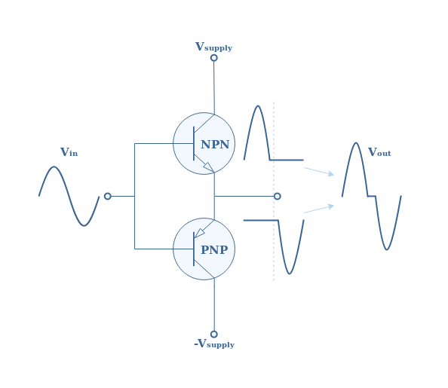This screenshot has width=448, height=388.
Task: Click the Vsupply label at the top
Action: (213, 47)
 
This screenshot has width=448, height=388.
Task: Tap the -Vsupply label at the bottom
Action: (214, 344)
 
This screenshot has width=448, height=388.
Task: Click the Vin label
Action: (69, 152)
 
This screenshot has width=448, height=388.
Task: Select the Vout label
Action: (379, 152)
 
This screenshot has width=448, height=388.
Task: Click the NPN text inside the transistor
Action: (215, 145)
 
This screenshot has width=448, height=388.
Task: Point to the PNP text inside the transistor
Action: (214, 250)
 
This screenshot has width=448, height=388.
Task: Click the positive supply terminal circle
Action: (214, 58)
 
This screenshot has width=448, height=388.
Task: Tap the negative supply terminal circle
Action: (214, 334)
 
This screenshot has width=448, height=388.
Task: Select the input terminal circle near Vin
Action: (108, 196)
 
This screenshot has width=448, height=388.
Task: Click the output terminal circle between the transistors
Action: (277, 196)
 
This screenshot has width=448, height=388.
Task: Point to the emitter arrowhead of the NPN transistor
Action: (208, 167)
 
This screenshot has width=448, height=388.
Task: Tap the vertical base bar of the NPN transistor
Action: (194, 143)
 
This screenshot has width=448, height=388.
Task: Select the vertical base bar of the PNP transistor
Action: (194, 249)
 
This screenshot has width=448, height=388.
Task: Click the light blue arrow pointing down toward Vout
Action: (319, 171)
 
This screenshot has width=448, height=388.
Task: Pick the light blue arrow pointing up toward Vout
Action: (319, 209)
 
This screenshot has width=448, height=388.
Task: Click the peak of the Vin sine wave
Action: (54, 167)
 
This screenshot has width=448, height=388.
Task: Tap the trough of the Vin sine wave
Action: (84, 225)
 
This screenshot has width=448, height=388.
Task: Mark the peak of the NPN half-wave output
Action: (258, 106)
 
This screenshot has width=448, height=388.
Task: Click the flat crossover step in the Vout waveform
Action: (371, 196)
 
